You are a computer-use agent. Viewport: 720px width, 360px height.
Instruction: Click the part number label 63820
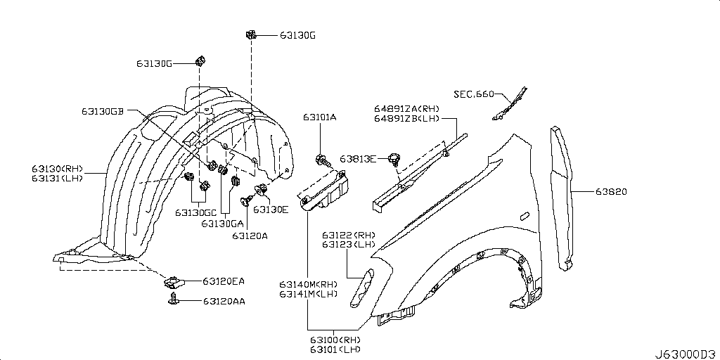(612, 191)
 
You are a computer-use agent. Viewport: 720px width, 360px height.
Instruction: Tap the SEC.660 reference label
(473, 94)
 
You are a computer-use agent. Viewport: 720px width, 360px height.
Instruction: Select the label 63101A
(320, 117)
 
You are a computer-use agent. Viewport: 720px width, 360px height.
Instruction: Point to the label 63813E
(359, 158)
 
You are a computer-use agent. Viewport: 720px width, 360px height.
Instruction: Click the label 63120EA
(224, 282)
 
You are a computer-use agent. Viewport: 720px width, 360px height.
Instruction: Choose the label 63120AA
(224, 301)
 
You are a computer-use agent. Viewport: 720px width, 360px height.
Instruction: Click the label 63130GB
(103, 111)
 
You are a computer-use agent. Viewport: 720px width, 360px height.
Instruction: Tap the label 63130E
(271, 209)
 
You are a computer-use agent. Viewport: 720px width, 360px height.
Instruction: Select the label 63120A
(250, 236)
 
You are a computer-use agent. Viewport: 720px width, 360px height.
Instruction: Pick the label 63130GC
(195, 212)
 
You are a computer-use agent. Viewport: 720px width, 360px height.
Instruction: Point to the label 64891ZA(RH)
(406, 108)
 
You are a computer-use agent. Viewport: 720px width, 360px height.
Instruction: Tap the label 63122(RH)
(349, 235)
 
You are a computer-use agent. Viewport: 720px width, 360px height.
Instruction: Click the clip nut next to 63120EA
(172, 282)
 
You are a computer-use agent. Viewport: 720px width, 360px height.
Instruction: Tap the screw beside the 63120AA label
(172, 300)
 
